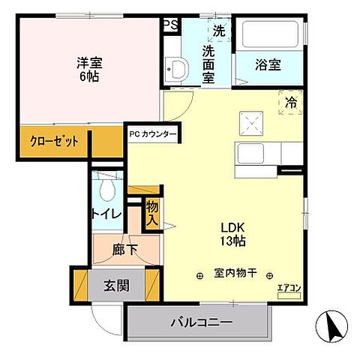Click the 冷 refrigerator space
[x=291, y=103]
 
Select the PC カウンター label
[x=153, y=135]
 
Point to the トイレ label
[x=106, y=214]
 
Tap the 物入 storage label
[x=151, y=214]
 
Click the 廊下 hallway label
[x=126, y=250]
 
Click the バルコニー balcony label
[x=199, y=322]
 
